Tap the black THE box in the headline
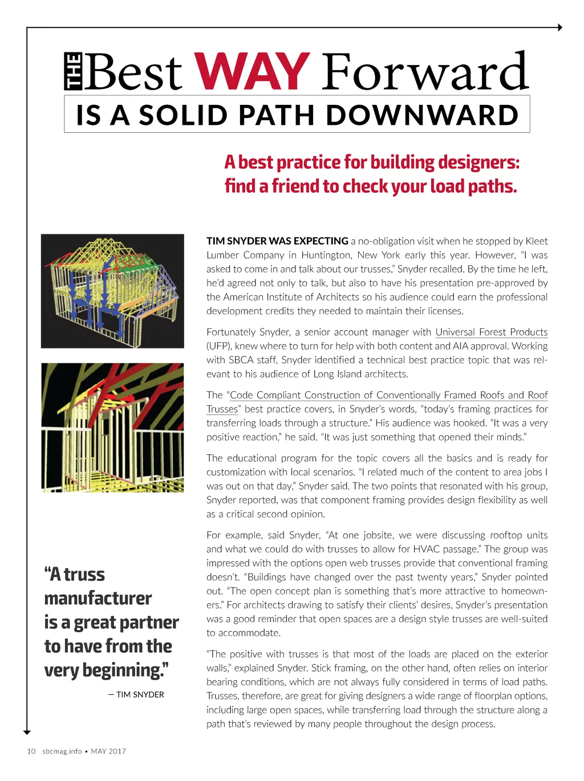coord(73,72)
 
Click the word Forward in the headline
coord(425,72)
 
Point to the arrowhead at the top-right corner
coord(559,27)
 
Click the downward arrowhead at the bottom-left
coord(27,732)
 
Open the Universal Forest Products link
coord(491,332)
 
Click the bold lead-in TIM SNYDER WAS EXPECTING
coord(277,241)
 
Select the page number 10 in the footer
coord(31,751)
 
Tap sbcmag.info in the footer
coord(62,751)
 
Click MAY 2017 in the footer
coord(108,751)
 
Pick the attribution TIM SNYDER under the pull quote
coord(140,694)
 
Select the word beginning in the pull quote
coord(120,670)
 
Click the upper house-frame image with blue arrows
coord(112,291)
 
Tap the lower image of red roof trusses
coord(112,428)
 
